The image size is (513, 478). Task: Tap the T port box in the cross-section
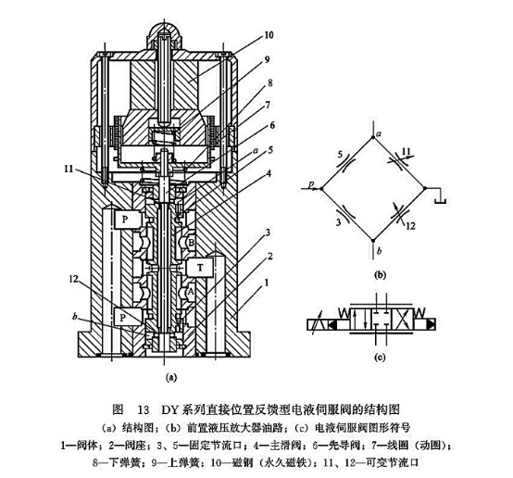(x=201, y=267)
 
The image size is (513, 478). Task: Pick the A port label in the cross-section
(x=190, y=289)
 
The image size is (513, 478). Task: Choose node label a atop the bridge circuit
(x=377, y=134)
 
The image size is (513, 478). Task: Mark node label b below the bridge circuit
(x=377, y=250)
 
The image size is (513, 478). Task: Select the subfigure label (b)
(x=378, y=274)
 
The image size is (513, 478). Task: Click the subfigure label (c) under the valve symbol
(x=378, y=358)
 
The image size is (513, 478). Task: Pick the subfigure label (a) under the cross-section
(x=169, y=378)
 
